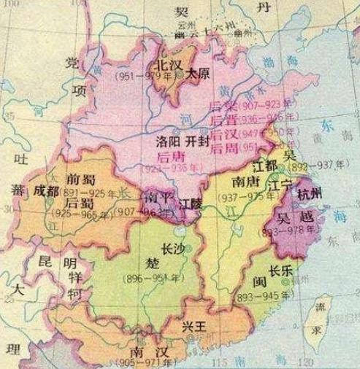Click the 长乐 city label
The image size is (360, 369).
[x=281, y=268]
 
